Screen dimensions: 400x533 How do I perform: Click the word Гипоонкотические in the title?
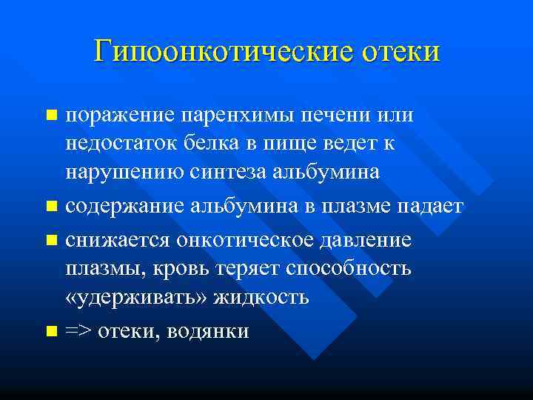(x=225, y=52)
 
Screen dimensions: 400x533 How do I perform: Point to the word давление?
(x=369, y=241)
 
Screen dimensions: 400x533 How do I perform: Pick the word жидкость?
(x=260, y=296)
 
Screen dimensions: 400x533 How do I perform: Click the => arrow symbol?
(x=77, y=331)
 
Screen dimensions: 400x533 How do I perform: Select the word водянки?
(x=209, y=331)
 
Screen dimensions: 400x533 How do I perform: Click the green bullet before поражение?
(x=50, y=116)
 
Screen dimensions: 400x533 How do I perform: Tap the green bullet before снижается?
(x=50, y=241)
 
